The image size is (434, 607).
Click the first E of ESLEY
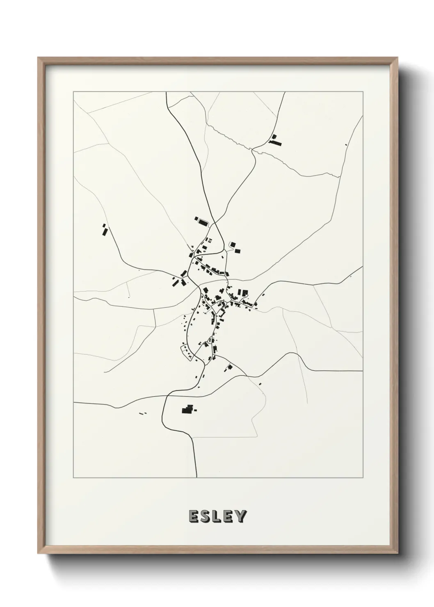[194, 516]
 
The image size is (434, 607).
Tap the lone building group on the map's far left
[104, 230]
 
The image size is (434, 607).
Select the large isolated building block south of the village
[188, 409]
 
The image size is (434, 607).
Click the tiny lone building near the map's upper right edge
[346, 144]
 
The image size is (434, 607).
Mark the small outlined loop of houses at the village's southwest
[187, 352]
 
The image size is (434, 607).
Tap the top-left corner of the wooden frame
[38, 58]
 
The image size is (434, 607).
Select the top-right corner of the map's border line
[363, 92]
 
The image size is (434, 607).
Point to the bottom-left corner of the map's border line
[73, 478]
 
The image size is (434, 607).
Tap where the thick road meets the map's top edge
[166, 92]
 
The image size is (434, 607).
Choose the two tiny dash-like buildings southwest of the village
[143, 413]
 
